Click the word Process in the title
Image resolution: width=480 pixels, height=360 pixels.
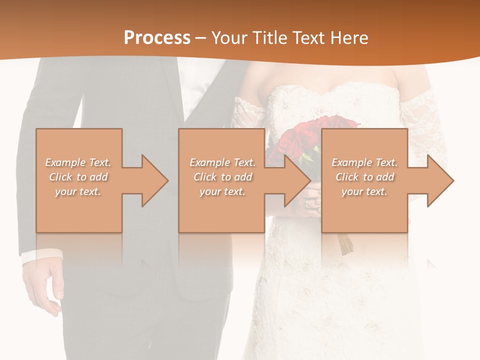157,37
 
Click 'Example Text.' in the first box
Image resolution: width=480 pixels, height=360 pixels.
78,162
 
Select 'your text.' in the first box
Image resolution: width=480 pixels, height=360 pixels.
78,191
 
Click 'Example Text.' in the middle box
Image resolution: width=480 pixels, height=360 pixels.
222,162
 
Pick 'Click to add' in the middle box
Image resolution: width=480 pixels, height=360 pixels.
222,177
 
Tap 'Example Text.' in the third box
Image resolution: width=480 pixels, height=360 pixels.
364,162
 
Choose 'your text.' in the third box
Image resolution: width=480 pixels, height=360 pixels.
364,191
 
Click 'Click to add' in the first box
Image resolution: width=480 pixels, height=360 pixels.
78,177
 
